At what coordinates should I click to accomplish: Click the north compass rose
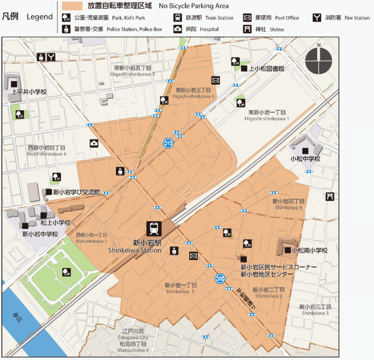coord(319,60)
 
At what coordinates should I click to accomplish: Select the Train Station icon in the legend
coord(177,18)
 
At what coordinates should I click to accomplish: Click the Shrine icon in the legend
coord(247,29)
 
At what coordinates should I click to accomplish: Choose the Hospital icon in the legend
coord(177,29)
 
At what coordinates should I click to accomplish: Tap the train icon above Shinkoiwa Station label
coord(155,229)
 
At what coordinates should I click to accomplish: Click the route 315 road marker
coord(168,143)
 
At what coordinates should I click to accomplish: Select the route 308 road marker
coord(220,279)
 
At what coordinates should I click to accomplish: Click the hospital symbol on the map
coord(94,143)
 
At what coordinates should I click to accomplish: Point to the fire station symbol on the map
coord(51,56)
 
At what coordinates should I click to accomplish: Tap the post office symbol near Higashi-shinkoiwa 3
coord(216,80)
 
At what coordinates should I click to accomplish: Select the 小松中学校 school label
coord(305,159)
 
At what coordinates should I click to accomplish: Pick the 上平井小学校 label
coord(29,92)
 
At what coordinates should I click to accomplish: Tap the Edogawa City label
coord(133,337)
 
